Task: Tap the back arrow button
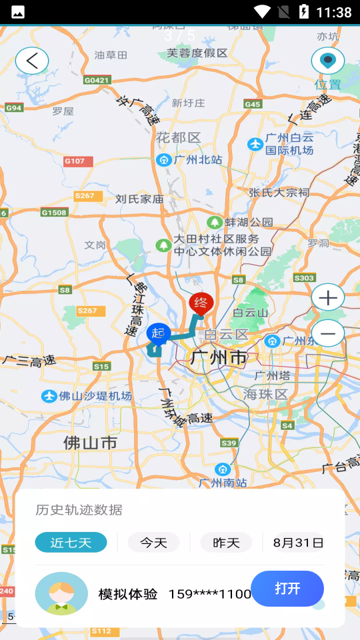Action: click(32, 61)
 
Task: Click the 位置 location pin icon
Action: click(327, 61)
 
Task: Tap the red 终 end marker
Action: click(201, 304)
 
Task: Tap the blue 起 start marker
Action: click(159, 333)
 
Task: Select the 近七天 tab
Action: click(71, 543)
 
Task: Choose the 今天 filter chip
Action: click(153, 543)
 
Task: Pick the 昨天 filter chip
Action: click(226, 543)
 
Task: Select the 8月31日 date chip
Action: click(298, 543)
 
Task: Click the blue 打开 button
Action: click(287, 589)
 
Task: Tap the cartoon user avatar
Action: click(61, 593)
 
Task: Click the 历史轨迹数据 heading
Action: click(79, 510)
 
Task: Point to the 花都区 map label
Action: click(178, 138)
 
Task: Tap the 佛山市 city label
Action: click(91, 443)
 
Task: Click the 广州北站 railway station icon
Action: click(163, 160)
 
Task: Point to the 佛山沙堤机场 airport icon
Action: click(49, 396)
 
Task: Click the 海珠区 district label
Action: click(265, 395)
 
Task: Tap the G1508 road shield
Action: click(54, 213)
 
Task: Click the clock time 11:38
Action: click(334, 12)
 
